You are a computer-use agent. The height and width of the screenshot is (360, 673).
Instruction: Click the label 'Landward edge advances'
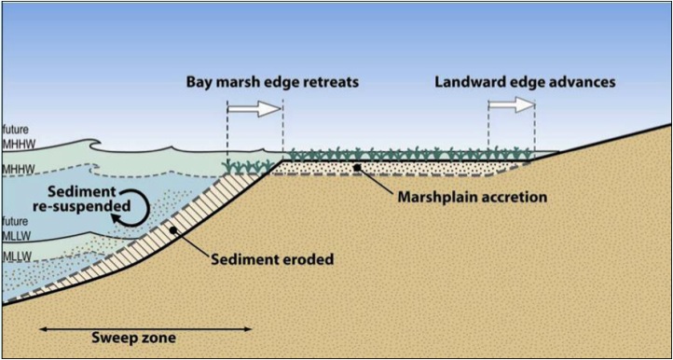pos(526,82)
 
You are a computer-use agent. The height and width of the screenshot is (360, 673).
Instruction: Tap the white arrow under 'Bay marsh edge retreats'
pos(254,109)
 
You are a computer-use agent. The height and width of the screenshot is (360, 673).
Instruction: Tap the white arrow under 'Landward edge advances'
pos(511,105)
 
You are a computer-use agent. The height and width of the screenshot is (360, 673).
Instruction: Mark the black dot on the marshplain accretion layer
pos(357,168)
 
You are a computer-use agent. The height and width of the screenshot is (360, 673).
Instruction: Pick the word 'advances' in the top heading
pos(582,82)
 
